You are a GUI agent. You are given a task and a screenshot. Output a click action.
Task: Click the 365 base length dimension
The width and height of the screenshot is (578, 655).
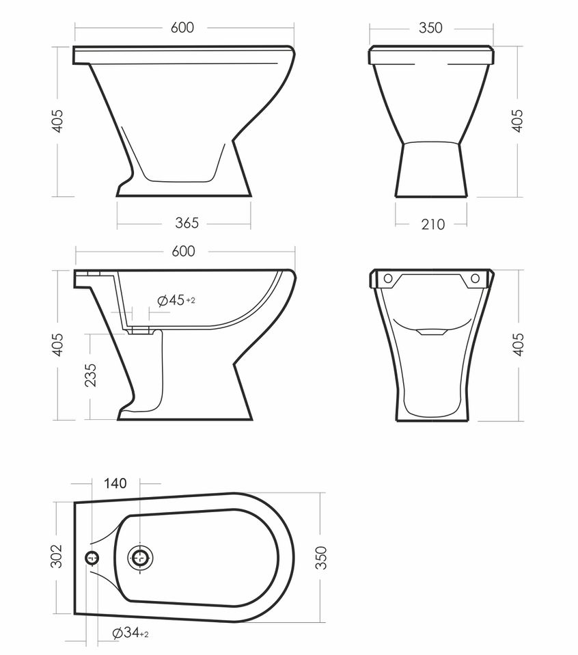[x=187, y=223]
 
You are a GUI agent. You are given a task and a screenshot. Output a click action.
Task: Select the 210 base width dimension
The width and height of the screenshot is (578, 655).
[x=432, y=225]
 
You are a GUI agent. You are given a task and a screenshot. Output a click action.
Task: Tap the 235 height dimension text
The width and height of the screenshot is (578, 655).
[x=91, y=375]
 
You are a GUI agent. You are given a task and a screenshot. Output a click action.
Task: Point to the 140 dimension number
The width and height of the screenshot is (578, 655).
[x=115, y=483]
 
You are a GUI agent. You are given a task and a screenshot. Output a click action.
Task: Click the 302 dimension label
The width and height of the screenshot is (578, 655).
[x=56, y=557]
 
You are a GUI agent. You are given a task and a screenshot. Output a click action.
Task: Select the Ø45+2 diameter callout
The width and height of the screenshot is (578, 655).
[x=176, y=300]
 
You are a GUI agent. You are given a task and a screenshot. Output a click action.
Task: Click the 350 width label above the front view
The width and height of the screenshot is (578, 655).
[x=430, y=27]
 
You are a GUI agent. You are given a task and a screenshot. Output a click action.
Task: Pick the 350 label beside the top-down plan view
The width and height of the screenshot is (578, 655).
[x=320, y=557]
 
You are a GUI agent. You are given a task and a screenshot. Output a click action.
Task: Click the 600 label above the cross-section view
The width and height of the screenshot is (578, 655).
[x=183, y=251]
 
